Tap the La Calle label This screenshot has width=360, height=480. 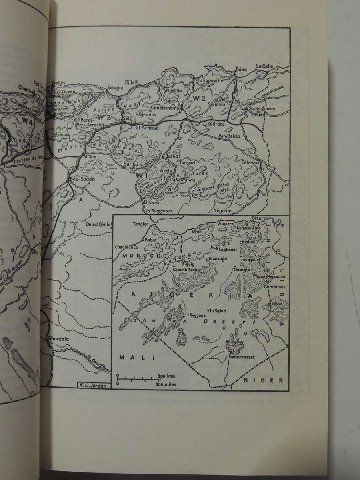[x=264, y=66]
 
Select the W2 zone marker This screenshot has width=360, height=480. [x=199, y=98]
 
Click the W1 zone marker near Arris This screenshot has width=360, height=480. [x=142, y=175]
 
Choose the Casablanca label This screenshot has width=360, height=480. [x=126, y=247]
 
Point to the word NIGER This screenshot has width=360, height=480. [x=270, y=380]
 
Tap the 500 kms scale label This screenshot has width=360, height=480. [x=166, y=376]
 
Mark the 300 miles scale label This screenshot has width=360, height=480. [x=166, y=384]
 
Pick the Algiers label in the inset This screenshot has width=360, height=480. [x=226, y=224]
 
